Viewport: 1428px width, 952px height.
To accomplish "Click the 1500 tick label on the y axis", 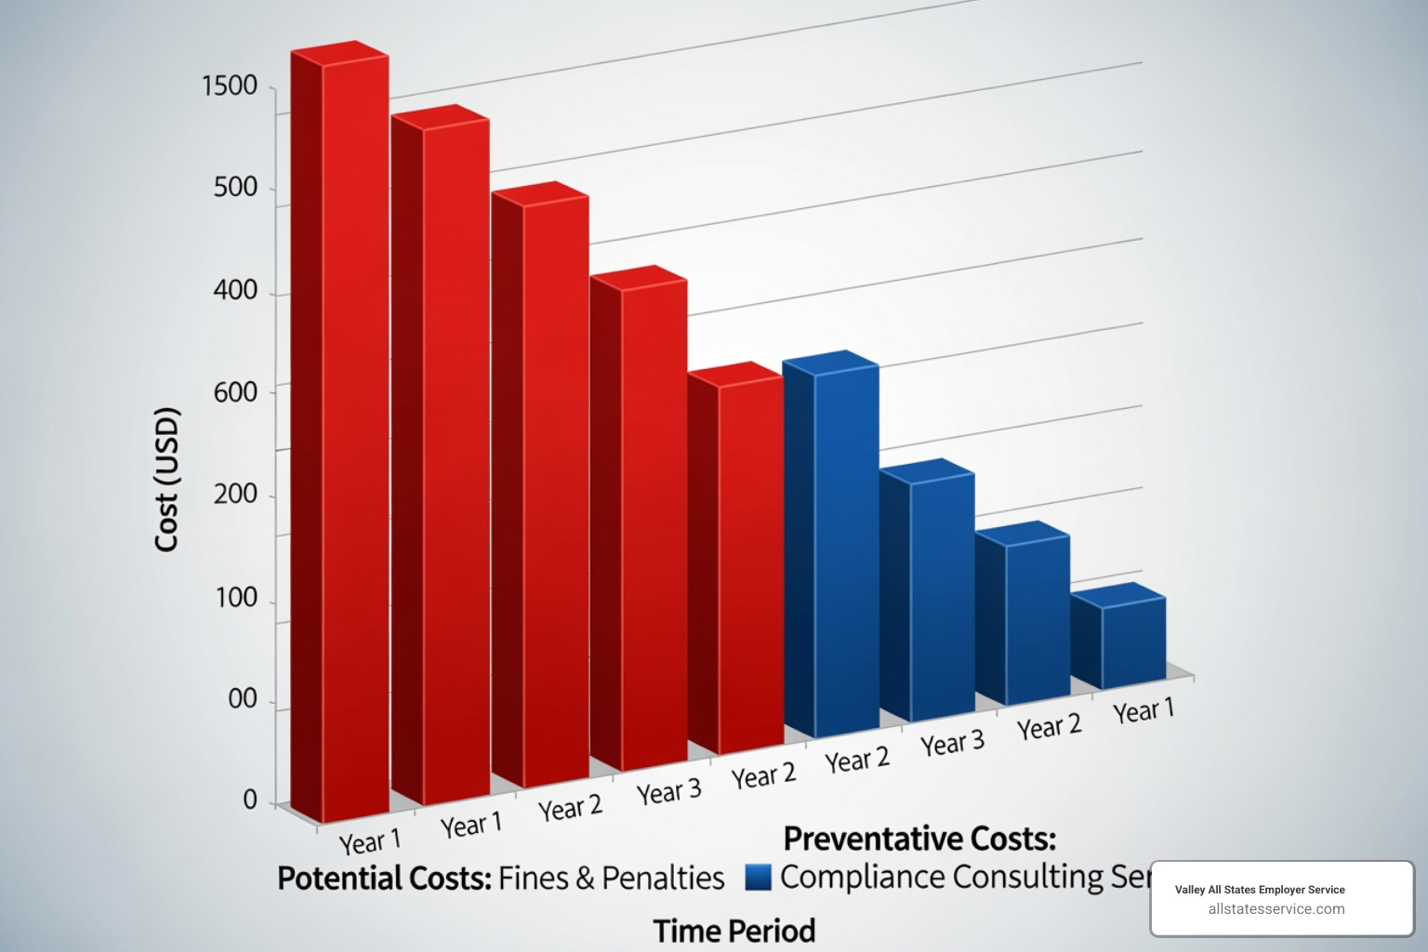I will tap(230, 86).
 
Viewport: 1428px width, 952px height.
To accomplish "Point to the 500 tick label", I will tap(235, 187).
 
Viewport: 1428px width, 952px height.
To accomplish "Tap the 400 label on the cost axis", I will tap(235, 290).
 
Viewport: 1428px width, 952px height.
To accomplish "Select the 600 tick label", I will tap(235, 391).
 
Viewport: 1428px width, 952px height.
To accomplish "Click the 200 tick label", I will tap(235, 494).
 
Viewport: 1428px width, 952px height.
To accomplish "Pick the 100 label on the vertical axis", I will tap(236, 597).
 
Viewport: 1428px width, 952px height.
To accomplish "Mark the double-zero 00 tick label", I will tap(243, 698).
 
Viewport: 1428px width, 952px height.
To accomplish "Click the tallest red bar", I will tap(339, 437).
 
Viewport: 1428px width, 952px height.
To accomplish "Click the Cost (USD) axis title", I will tap(166, 479).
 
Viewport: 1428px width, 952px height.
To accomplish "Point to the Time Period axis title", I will tap(734, 931).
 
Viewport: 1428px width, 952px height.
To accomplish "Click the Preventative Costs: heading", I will tap(919, 839).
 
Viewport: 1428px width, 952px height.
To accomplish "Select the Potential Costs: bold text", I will tap(384, 878).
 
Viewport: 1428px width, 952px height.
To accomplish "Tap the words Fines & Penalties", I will tap(611, 878).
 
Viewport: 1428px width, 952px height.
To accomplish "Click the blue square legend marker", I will tap(759, 878).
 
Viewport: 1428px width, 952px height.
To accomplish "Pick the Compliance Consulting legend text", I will tap(962, 877).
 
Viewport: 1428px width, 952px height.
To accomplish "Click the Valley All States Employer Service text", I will tap(1259, 890).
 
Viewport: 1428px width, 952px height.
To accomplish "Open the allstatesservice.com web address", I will tap(1276, 909).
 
